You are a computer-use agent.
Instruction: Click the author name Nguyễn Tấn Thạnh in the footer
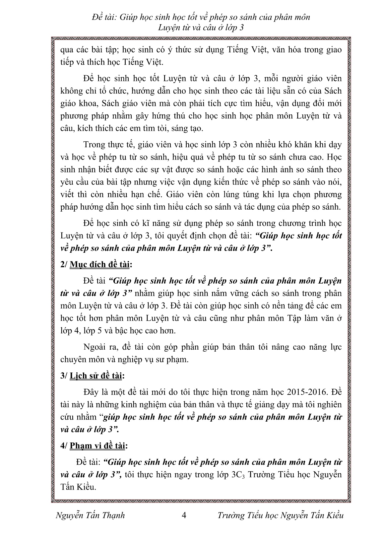point(91,515)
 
